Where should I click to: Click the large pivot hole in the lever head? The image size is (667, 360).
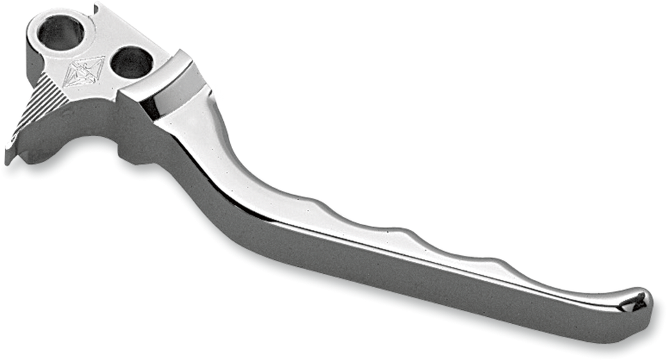(x=61, y=32)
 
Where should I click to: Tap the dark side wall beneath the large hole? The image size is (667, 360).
(x=35, y=69)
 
